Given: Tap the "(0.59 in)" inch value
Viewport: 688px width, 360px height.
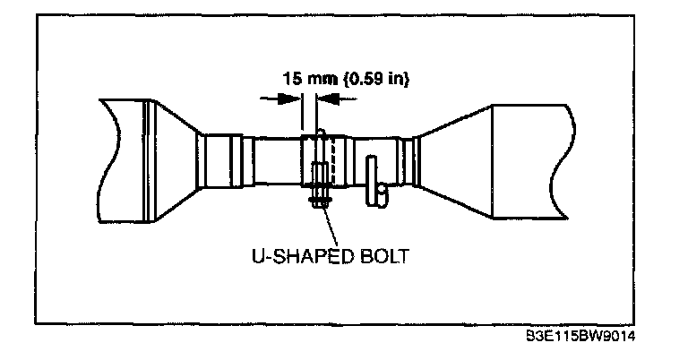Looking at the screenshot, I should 376,79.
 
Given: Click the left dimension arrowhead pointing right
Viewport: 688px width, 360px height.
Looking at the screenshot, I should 292,101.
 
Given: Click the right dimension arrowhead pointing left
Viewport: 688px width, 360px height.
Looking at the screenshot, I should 328,101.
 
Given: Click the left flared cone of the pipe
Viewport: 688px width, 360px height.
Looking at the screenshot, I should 176,161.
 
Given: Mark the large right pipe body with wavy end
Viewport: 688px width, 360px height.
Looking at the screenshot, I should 529,161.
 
